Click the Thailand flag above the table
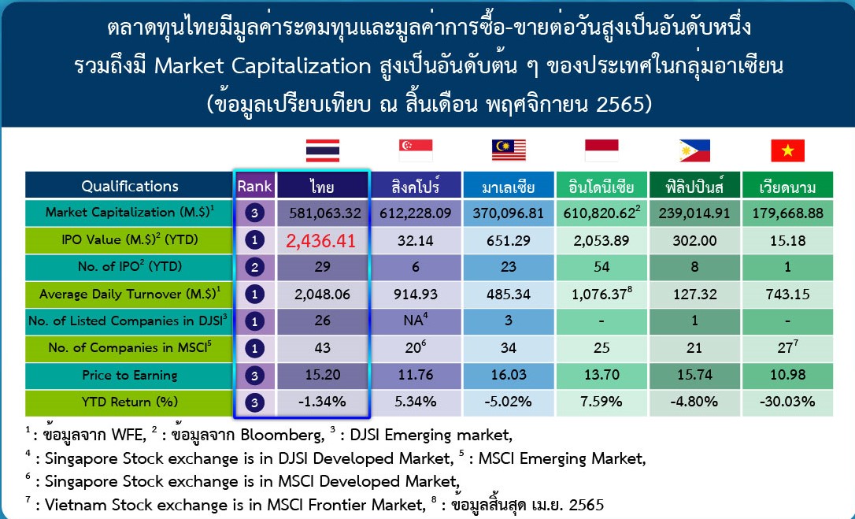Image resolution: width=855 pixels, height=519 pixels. click(323, 150)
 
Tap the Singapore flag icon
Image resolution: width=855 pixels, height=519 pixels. click(416, 150)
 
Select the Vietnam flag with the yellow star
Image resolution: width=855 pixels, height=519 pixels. click(787, 150)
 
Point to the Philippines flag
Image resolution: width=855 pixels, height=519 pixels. click(694, 150)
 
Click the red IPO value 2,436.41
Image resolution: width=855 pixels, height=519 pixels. click(320, 241)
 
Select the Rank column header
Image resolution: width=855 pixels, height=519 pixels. click(254, 186)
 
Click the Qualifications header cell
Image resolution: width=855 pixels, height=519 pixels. click(130, 186)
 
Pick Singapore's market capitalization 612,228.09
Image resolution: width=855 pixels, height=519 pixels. click(416, 213)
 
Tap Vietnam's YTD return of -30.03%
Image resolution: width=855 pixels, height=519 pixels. click(787, 402)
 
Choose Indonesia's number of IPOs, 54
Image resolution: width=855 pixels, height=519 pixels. click(601, 267)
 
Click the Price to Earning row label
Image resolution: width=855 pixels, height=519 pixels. click(130, 375)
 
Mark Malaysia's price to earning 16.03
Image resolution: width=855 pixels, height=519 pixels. click(509, 375)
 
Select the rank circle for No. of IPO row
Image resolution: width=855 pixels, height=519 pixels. click(254, 267)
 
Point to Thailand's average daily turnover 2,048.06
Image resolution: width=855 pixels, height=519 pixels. click(322, 295)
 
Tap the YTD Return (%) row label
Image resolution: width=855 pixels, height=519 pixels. click(130, 402)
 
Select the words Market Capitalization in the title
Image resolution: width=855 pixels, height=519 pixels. click(263, 66)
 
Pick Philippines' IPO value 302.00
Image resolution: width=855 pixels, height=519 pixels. click(694, 240)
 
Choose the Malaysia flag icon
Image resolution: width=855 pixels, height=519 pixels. click(509, 150)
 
